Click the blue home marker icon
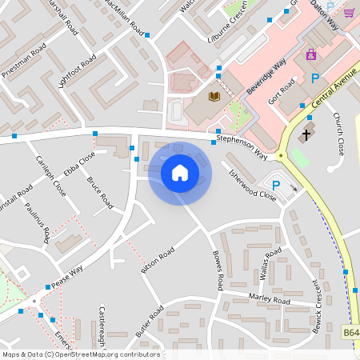click(179, 172)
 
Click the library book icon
click(214, 97)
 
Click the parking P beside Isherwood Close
click(276, 186)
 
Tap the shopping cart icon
click(349, 13)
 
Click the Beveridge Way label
click(266, 77)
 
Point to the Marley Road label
click(269, 300)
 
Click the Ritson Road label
click(158, 263)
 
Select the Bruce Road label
click(100, 194)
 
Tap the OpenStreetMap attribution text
click(81, 354)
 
